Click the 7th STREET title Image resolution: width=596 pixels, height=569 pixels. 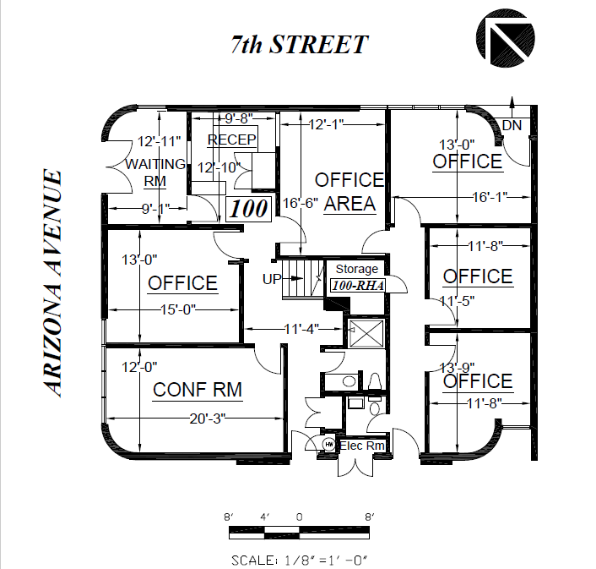(x=300, y=44)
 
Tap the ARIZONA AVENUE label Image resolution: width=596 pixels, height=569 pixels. (x=52, y=283)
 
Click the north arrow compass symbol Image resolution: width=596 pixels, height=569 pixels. (x=505, y=38)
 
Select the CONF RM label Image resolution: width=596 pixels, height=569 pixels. (x=198, y=390)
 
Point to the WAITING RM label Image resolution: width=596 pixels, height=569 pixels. (x=155, y=172)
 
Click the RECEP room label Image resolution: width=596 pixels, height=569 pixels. (x=232, y=140)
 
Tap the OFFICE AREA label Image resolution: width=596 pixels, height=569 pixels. (x=349, y=191)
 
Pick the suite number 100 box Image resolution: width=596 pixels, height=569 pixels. (x=248, y=209)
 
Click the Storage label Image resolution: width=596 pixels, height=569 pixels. (x=356, y=269)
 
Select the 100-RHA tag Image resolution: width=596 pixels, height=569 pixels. (x=358, y=285)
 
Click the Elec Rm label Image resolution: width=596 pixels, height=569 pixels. (x=361, y=446)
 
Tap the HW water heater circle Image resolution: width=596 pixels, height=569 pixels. (x=328, y=444)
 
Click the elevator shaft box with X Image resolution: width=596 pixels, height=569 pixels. (x=366, y=333)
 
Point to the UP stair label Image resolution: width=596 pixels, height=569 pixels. (x=272, y=279)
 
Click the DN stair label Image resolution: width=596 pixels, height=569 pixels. (x=512, y=125)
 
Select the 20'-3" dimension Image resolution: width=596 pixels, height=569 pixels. (x=208, y=419)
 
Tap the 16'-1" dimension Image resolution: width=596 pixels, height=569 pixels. (x=490, y=197)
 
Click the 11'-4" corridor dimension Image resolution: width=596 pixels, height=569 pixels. (x=301, y=328)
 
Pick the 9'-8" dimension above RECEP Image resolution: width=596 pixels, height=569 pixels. (x=239, y=118)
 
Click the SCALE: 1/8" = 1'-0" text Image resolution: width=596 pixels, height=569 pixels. (x=300, y=560)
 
